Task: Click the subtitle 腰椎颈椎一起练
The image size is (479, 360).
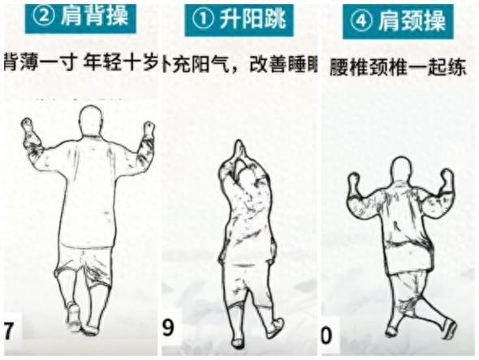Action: [x=397, y=67]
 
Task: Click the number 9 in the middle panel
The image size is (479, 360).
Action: [x=169, y=329]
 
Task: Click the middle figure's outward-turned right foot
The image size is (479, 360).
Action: [x=275, y=328]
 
